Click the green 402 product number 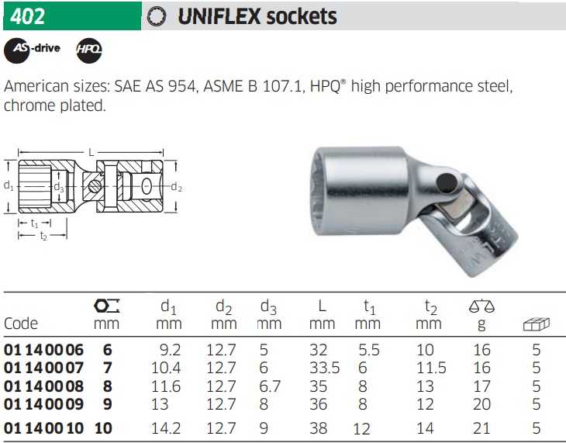(x=27, y=16)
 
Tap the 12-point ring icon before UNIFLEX (x=157, y=16)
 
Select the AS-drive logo (x=32, y=50)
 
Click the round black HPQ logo (x=89, y=50)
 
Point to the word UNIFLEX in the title (x=219, y=16)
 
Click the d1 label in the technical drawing (x=9, y=185)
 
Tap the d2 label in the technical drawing (x=176, y=187)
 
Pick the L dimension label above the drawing (x=91, y=153)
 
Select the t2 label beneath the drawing (x=43, y=236)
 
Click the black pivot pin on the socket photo (x=447, y=182)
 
